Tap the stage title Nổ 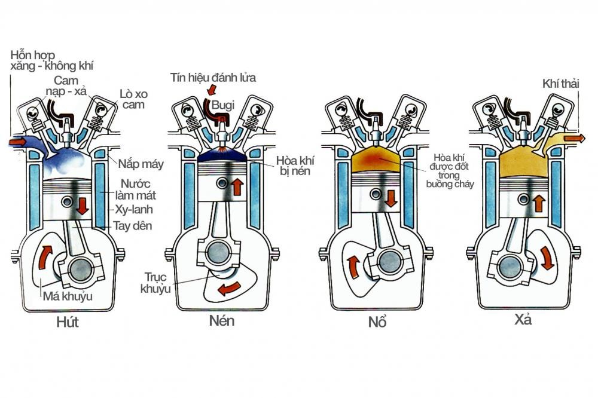point(377,322)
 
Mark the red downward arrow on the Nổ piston point(392,198)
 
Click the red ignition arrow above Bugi point(210,90)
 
